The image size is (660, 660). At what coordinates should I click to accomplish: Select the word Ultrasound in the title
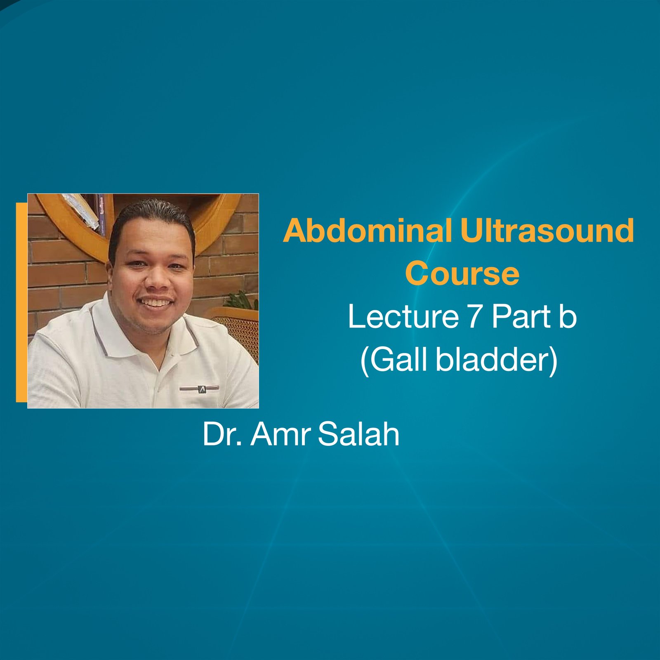547,231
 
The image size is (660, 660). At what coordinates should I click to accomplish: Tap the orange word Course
462,273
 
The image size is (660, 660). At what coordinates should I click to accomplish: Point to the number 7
475,317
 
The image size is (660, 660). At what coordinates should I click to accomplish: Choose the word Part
521,317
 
